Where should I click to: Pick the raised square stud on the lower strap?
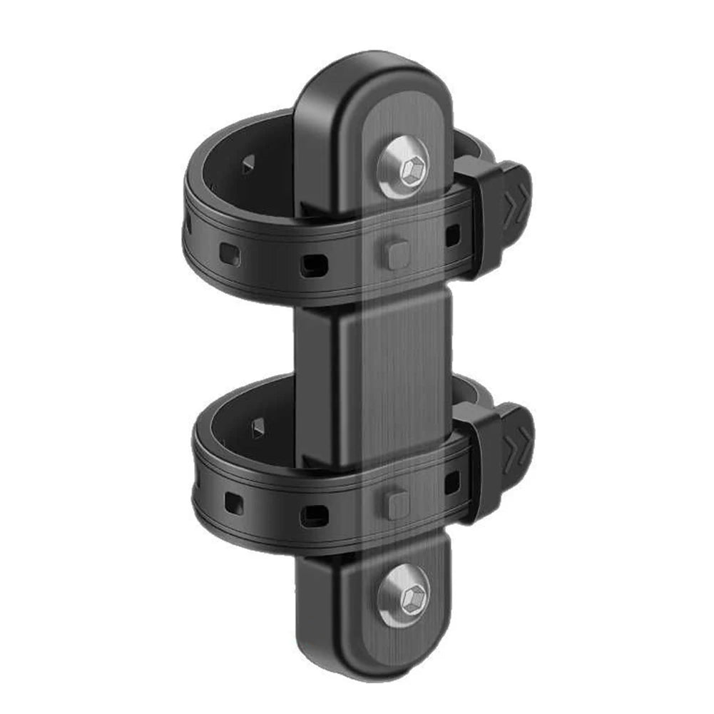point(397,503)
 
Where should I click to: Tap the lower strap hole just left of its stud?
point(313,514)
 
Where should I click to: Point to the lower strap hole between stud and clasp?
point(452,484)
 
